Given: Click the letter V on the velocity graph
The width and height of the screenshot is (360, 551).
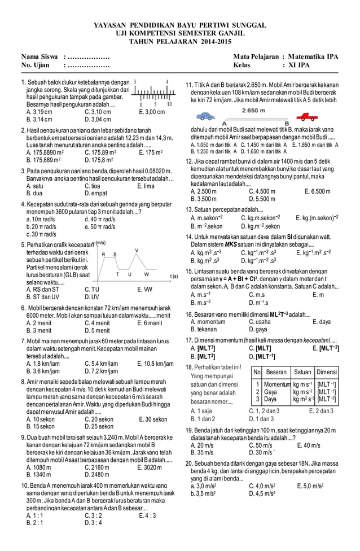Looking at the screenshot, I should (x=137, y=250).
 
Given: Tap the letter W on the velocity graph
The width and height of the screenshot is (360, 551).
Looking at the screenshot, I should (x=146, y=274).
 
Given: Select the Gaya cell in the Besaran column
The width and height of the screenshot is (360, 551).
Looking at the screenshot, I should (x=271, y=391).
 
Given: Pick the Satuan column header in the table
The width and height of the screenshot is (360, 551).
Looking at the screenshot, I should (x=303, y=372).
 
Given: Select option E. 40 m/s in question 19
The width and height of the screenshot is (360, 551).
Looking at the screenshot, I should (x=308, y=445).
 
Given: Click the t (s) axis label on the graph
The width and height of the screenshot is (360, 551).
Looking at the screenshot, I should (x=174, y=276).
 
